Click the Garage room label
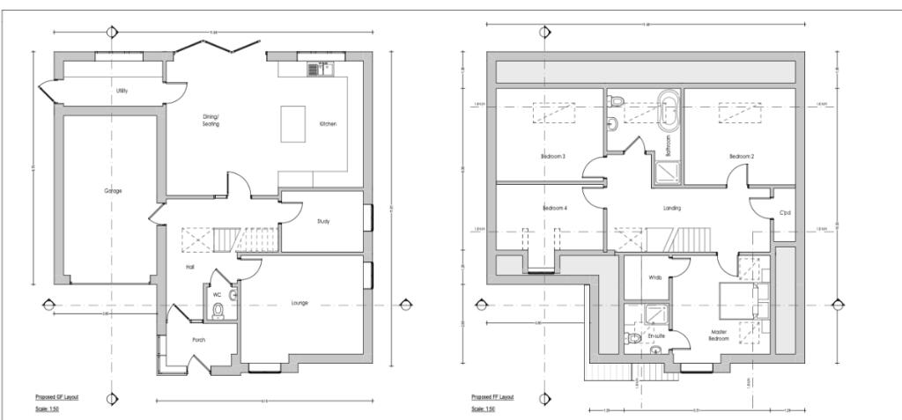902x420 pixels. (113, 191)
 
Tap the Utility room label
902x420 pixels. (122, 91)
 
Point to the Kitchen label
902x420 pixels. (328, 124)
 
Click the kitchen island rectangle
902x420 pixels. (293, 123)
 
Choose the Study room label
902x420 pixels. (323, 221)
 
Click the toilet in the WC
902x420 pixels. (218, 309)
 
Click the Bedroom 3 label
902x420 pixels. (553, 157)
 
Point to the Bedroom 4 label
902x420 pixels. (553, 209)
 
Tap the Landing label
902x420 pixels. (673, 208)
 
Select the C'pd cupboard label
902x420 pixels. (784, 212)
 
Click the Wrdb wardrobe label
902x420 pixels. (655, 277)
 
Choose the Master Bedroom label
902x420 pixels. (720, 335)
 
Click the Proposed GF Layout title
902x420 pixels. (57, 397)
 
